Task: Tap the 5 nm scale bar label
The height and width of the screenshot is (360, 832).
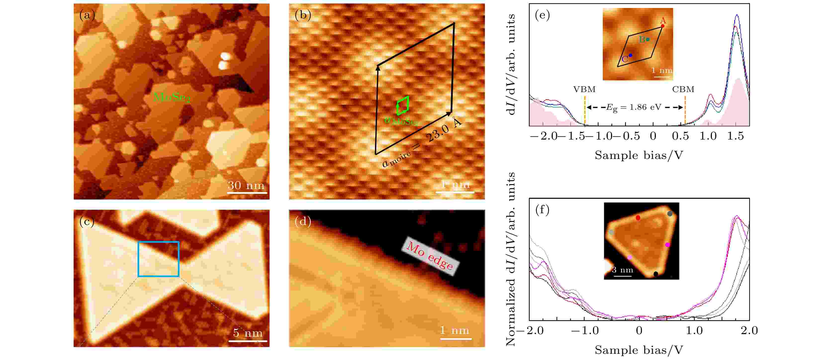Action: click(248, 333)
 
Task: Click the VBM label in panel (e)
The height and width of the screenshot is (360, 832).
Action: click(584, 90)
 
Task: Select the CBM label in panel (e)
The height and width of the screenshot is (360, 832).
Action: click(683, 90)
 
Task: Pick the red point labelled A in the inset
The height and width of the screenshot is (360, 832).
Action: click(662, 26)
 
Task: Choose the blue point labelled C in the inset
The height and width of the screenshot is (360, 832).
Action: click(630, 55)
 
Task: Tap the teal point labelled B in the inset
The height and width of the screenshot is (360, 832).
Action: click(647, 39)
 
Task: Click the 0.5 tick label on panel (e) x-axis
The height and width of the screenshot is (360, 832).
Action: click(680, 136)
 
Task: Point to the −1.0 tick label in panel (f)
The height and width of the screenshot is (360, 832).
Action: click(585, 331)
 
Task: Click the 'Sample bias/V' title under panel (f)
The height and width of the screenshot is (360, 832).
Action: click(639, 350)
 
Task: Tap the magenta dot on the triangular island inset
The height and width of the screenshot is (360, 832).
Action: click(667, 245)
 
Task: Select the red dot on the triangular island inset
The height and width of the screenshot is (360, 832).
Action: click(638, 218)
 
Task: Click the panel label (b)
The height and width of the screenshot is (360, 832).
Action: click(303, 15)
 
